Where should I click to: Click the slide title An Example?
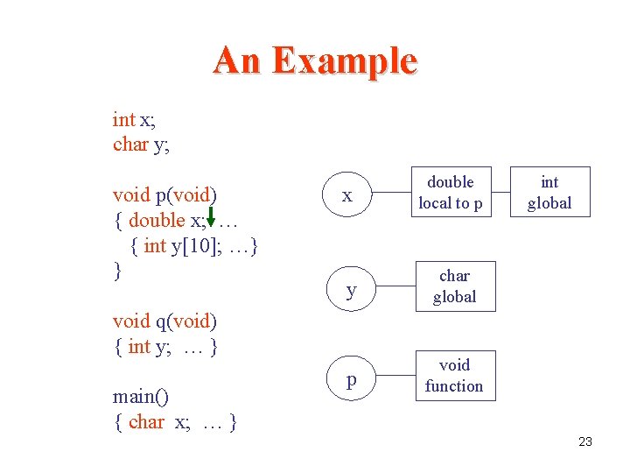(315, 60)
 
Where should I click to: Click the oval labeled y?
(350, 290)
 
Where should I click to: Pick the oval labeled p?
(351, 379)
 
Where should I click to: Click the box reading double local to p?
(450, 193)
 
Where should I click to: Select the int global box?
(549, 193)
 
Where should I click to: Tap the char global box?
(454, 286)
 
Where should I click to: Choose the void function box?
(454, 376)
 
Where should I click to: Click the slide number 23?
(585, 441)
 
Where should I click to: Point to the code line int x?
(134, 119)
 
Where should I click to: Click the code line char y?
(141, 145)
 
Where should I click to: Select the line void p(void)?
(165, 194)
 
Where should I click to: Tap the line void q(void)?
(165, 321)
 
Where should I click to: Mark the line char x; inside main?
(159, 422)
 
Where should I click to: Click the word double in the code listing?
(157, 220)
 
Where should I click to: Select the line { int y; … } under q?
(165, 347)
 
